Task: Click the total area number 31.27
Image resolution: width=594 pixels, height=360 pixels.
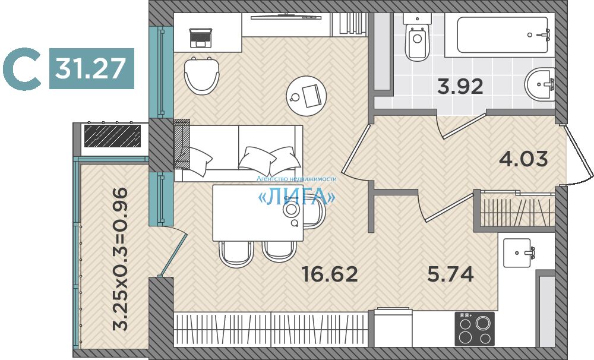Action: point(90,68)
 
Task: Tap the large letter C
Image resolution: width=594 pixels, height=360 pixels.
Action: point(22,69)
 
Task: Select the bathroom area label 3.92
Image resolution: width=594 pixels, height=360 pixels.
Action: point(460,86)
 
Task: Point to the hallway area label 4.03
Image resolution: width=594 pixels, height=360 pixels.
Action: point(523,159)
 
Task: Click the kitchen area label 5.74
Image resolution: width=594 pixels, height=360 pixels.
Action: point(450,274)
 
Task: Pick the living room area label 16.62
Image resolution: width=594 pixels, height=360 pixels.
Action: point(330,274)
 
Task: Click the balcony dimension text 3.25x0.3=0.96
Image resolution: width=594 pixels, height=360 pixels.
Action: point(121,259)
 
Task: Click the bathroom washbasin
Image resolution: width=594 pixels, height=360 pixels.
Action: point(540,84)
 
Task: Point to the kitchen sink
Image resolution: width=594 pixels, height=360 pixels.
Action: point(517,252)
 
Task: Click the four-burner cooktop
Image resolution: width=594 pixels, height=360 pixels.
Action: point(475,329)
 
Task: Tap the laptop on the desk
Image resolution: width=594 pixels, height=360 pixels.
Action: point(201,38)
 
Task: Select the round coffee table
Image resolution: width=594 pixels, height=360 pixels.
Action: point(306,96)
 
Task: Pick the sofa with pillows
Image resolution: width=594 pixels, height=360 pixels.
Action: point(238,153)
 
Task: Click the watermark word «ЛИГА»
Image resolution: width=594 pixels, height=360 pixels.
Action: point(296,196)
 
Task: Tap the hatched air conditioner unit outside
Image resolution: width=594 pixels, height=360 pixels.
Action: point(112,136)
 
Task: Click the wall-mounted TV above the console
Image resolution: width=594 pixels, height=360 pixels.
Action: point(286,16)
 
